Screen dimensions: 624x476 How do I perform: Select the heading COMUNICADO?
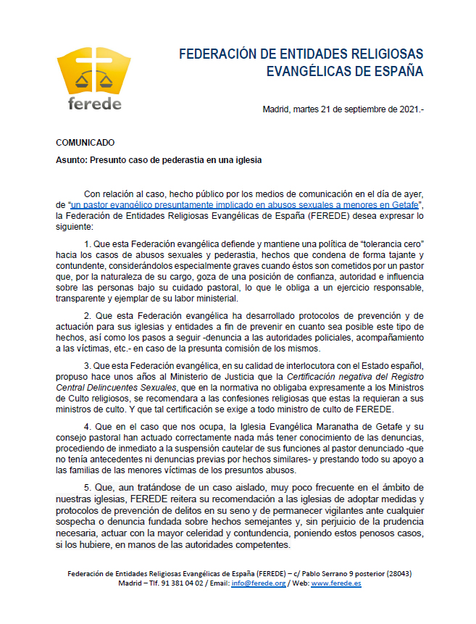coord(85,143)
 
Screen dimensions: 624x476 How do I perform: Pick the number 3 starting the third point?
coord(87,365)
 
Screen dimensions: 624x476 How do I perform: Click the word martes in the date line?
coord(306,109)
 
